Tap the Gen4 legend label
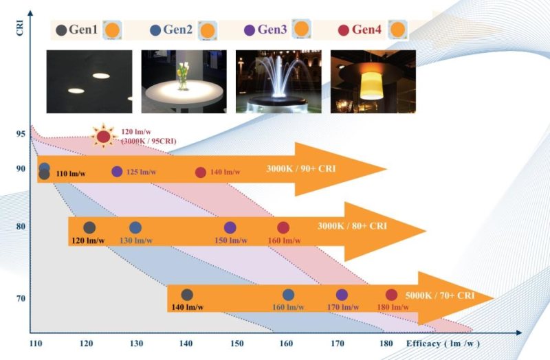pos(366,30)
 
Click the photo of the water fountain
pos(278,81)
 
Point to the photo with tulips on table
pos(184,81)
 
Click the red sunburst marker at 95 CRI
pos(103,137)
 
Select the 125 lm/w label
pos(142,172)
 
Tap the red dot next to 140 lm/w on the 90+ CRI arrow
pos(201,172)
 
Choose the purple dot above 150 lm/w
pos(230,227)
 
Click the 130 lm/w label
pos(135,241)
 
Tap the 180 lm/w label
pos(393,307)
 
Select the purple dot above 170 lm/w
pos(342,295)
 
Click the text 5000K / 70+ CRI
pos(440,295)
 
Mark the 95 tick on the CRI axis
pos(19,135)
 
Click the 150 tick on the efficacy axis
pos(235,343)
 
